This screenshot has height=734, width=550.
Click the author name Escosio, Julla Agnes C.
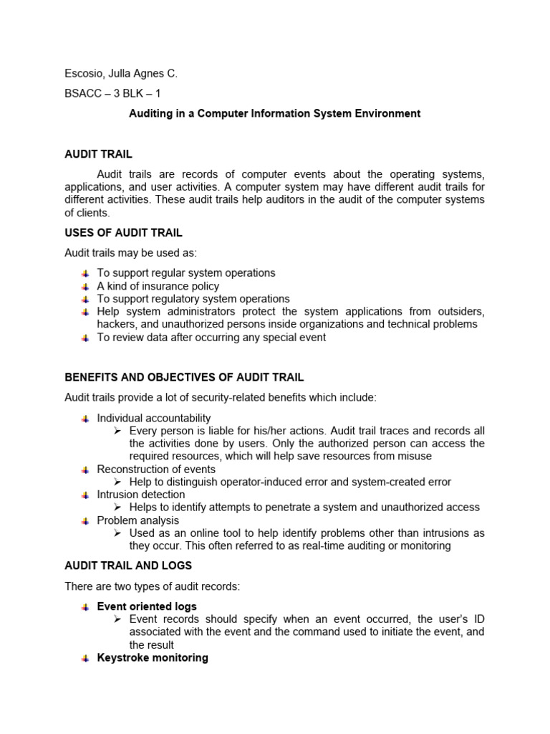[120, 73]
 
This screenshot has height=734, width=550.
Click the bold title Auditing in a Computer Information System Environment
[274, 113]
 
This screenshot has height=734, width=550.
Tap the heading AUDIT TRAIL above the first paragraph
[98, 154]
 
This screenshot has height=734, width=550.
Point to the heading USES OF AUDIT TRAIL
[123, 233]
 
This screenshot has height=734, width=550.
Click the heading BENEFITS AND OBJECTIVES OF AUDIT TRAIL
[184, 377]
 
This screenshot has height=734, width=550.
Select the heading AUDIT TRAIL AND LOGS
[128, 566]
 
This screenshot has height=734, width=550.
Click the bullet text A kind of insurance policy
[158, 286]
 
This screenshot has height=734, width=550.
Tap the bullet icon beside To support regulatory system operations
[85, 299]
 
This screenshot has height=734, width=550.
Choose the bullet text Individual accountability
[154, 418]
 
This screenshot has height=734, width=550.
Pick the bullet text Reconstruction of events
[156, 470]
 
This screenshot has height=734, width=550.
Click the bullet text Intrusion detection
[141, 495]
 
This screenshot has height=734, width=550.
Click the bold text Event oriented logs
[147, 606]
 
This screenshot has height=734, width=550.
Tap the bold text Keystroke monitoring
[153, 657]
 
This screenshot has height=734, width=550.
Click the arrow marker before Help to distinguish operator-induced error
[119, 482]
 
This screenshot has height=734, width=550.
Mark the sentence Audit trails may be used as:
[130, 253]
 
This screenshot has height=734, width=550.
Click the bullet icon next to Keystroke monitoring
[85, 658]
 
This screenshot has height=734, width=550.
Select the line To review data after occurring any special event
[211, 337]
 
